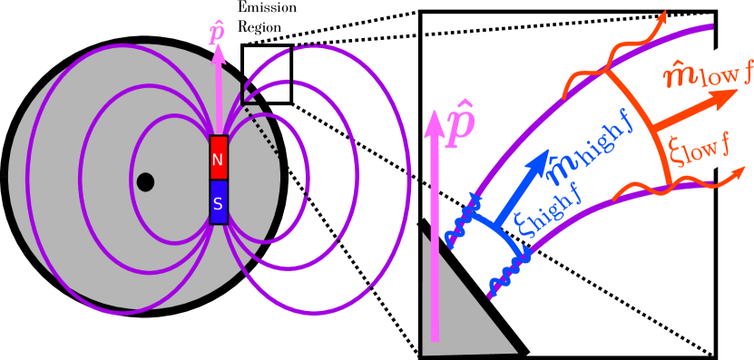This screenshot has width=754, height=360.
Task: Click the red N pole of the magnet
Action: coord(218,158)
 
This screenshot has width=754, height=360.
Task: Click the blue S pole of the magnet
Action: coord(218,202)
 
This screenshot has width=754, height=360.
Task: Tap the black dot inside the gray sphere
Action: coord(145,182)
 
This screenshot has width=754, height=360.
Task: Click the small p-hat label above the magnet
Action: coord(217,34)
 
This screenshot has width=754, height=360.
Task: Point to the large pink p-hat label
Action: coord(460,124)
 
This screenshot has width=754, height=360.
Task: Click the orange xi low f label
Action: coord(699,151)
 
